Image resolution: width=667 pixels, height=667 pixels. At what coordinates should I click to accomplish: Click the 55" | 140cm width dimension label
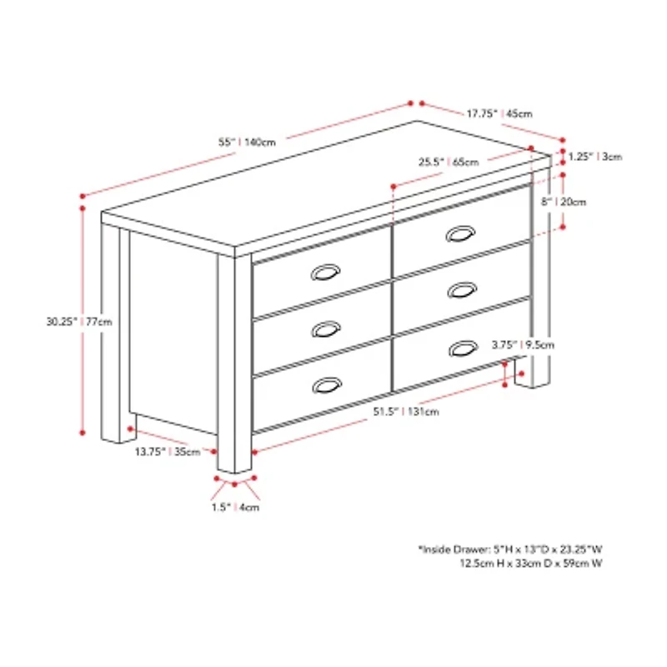(247, 142)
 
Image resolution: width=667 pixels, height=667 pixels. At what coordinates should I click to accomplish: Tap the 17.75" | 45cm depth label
(499, 113)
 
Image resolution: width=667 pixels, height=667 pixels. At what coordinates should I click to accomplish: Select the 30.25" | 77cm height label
(80, 320)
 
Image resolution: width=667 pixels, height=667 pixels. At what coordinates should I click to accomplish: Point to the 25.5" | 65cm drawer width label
(449, 162)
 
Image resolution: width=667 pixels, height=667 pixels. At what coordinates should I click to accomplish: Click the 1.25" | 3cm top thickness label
(594, 156)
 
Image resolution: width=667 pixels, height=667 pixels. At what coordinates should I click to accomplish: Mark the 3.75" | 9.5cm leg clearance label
(523, 344)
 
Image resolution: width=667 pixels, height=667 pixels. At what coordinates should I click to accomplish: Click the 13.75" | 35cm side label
(168, 452)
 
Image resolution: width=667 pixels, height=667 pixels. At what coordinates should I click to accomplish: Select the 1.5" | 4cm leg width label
(236, 507)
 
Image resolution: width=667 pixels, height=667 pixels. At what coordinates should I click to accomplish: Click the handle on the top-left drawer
(325, 273)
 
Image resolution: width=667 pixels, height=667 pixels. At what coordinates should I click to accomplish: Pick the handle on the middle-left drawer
(325, 328)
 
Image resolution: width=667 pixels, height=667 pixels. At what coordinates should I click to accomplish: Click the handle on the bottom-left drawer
(325, 384)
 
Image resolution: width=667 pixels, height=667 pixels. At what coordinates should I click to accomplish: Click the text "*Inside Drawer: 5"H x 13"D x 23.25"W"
(510, 550)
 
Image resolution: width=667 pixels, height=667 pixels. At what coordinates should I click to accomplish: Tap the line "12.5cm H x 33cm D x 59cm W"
(531, 564)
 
